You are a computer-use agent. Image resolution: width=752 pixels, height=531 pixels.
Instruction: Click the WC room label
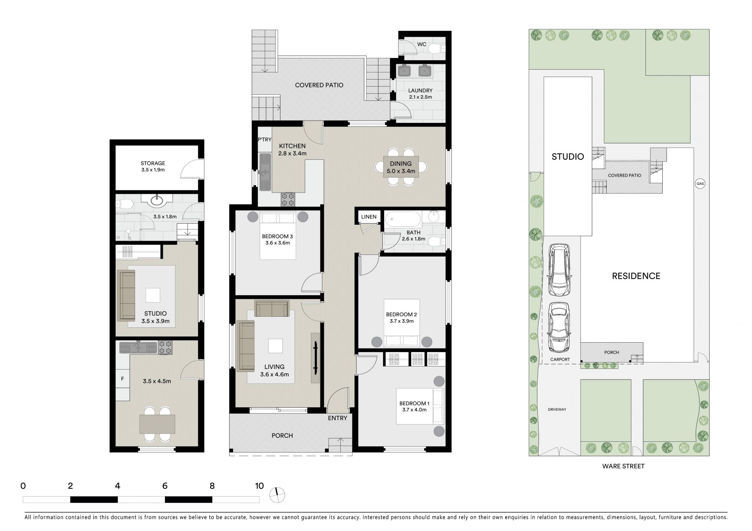click(422, 44)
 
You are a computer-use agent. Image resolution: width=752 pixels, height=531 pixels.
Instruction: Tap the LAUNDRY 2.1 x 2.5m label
click(420, 94)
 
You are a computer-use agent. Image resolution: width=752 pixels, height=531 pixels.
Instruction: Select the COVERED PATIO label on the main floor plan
click(319, 85)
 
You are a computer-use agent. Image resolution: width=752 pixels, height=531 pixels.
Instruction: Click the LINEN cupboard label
click(369, 217)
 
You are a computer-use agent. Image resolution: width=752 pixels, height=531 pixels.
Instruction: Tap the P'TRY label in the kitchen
click(264, 139)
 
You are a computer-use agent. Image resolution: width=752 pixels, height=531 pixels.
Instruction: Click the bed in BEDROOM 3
click(278, 236)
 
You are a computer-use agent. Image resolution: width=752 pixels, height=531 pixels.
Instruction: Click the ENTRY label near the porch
click(338, 418)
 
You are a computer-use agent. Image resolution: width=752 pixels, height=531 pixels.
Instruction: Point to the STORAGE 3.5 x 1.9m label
click(153, 166)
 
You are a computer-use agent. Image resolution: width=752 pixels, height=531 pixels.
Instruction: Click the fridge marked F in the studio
click(123, 379)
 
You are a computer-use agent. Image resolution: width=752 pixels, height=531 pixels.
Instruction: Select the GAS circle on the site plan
click(700, 183)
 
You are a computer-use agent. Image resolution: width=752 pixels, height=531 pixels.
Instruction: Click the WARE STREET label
click(623, 466)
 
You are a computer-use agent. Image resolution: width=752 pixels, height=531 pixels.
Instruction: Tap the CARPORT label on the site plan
click(560, 359)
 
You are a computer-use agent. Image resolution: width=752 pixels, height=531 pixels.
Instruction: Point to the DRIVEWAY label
click(557, 410)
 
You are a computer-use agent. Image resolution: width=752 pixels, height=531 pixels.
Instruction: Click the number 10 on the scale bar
click(259, 486)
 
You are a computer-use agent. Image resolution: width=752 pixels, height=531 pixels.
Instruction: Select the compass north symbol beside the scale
click(277, 495)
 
